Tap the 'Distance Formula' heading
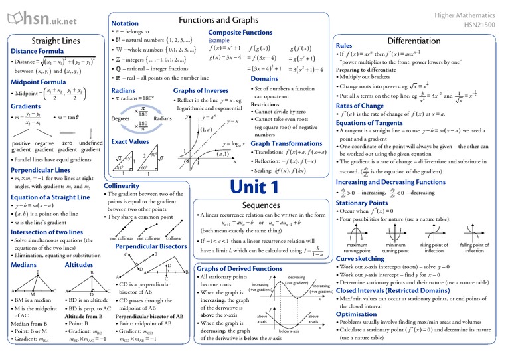[x=37, y=51]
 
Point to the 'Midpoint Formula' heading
[x=39, y=82]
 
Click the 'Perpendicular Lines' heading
[x=41, y=170]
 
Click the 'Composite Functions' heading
[x=240, y=32]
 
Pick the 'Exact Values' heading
[x=129, y=141]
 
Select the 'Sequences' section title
[x=261, y=205]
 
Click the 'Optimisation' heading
[x=357, y=314]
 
